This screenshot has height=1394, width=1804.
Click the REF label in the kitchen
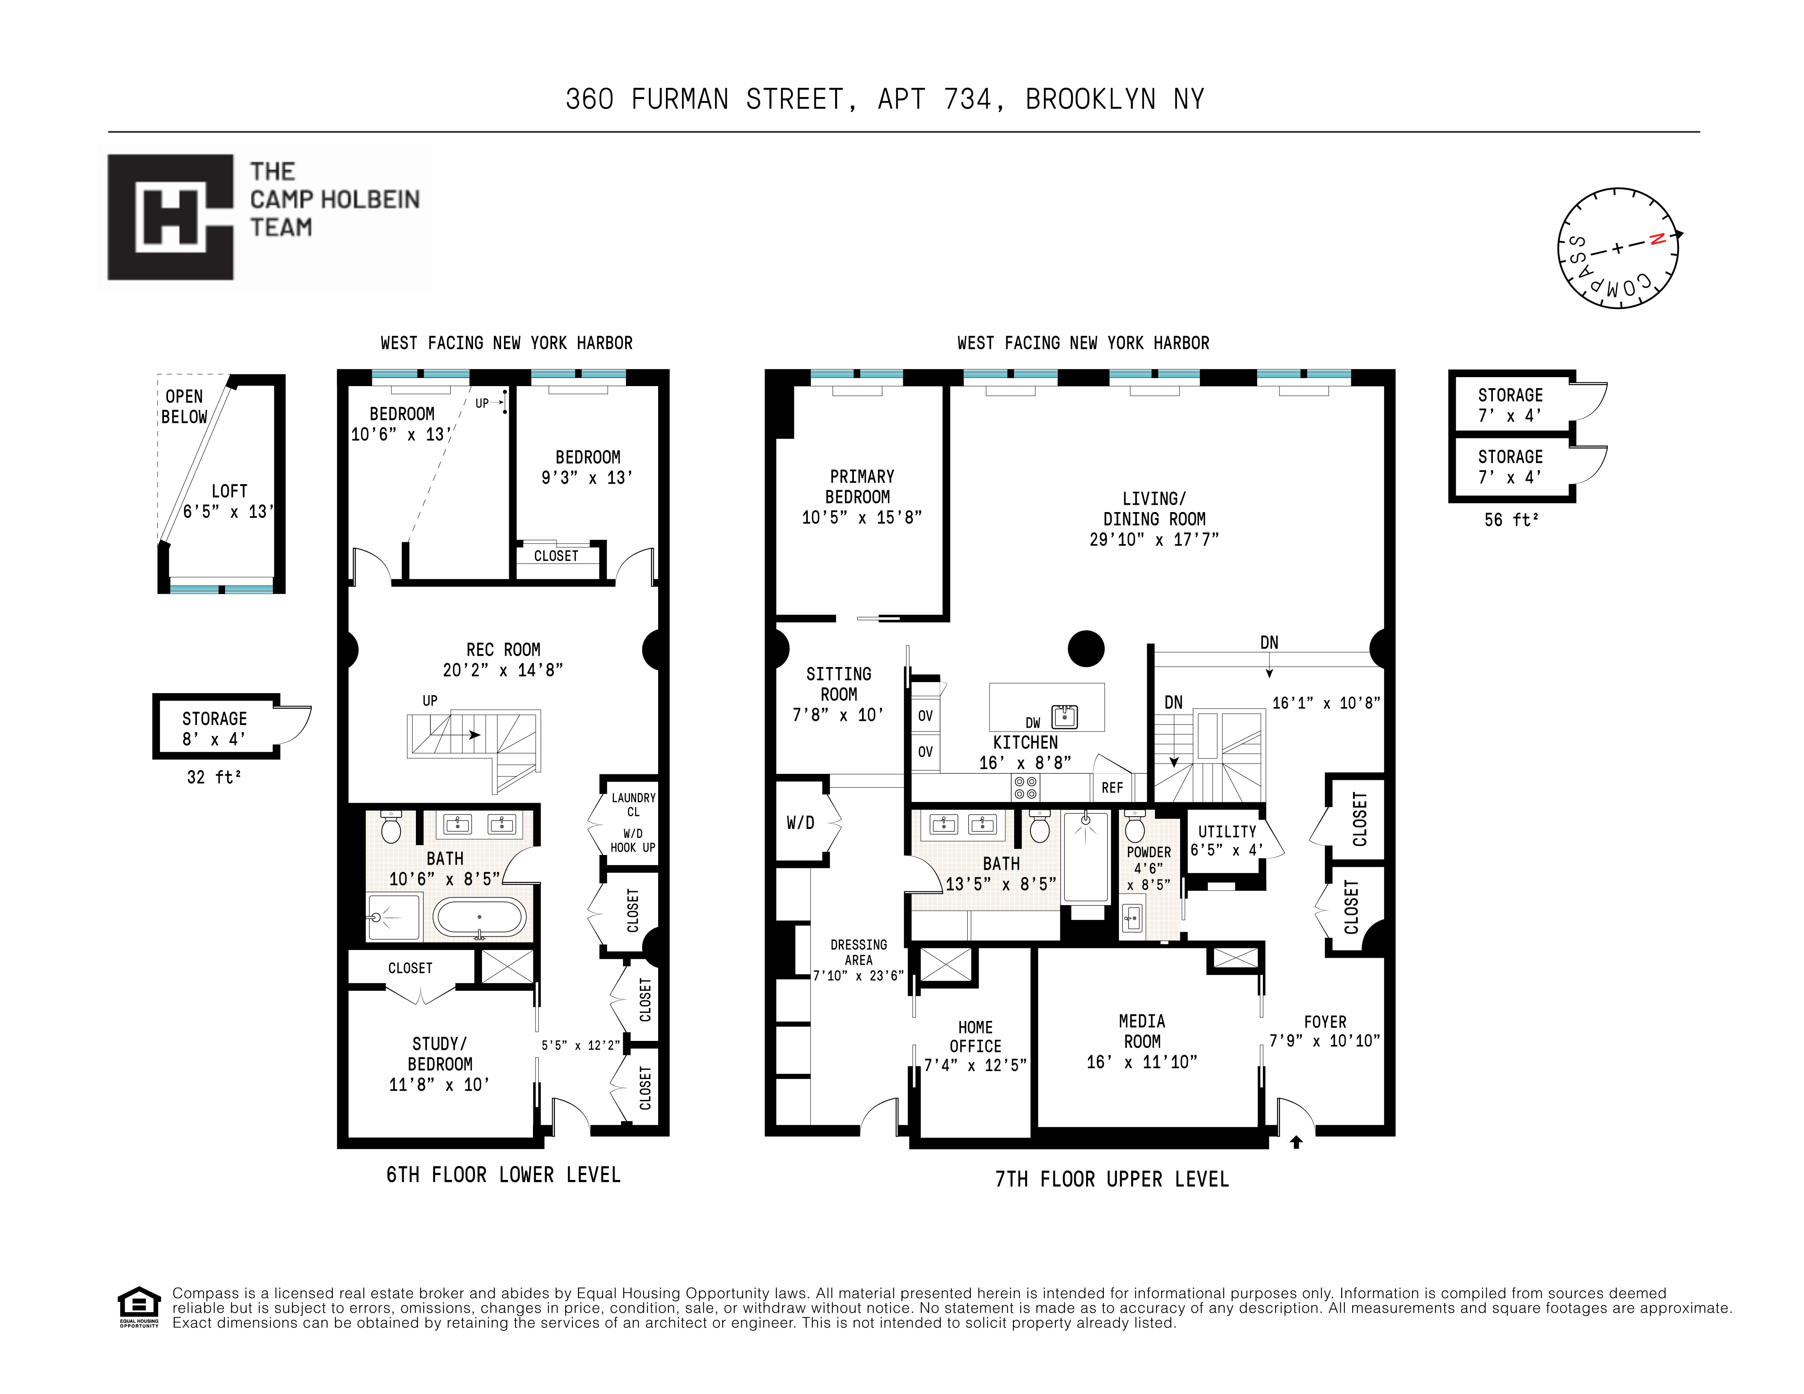coord(1112,788)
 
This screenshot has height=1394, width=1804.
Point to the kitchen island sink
coord(1065,716)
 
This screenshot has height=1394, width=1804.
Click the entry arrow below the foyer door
coord(1296,1142)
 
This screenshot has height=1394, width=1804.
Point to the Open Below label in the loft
coord(183,406)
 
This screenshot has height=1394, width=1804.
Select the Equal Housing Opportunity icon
coord(139,1305)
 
